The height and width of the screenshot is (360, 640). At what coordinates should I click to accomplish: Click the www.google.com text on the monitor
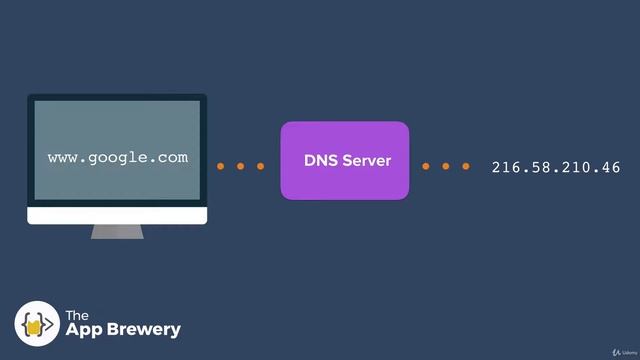[x=117, y=158]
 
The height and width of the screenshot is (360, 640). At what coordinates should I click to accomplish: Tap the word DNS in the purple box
[x=321, y=161]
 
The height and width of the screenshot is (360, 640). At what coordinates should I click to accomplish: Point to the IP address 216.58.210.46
[x=556, y=167]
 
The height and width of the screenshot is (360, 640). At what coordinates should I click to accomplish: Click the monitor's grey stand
[x=117, y=231]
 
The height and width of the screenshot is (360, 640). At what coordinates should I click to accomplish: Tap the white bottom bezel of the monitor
[x=117, y=216]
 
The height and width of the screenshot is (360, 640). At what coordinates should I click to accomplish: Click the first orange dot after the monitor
[x=222, y=166]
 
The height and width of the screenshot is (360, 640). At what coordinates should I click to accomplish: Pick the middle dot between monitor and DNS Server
[x=241, y=166]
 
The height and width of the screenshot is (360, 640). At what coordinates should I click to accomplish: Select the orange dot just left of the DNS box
[x=261, y=166]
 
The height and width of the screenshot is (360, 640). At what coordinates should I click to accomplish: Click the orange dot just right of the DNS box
[x=426, y=166]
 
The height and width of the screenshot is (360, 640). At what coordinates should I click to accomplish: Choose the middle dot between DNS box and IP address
[x=445, y=166]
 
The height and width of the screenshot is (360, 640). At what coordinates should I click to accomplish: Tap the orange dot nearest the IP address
[x=465, y=166]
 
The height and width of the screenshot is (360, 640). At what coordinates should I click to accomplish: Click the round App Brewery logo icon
[x=37, y=323]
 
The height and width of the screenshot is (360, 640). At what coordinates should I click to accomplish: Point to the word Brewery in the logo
[x=145, y=329]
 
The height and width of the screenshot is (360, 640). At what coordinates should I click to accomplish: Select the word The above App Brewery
[x=78, y=315]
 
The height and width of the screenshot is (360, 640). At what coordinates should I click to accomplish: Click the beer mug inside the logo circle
[x=37, y=324]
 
